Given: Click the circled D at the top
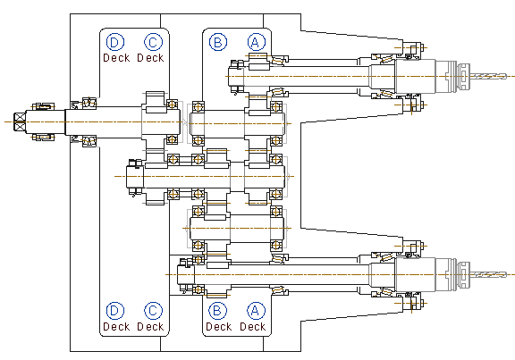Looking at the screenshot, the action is tap(115, 42).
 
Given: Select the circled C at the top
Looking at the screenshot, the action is tap(153, 42).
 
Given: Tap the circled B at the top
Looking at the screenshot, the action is tap(218, 42).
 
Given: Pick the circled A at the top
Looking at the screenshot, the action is tap(257, 42).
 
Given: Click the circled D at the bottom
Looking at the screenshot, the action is tap(115, 311).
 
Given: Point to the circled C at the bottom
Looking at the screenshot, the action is tap(153, 311).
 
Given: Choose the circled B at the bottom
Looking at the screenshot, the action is tap(217, 311).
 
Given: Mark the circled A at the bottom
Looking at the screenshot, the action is tap(256, 311).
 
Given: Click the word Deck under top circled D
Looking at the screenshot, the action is tap(116, 58).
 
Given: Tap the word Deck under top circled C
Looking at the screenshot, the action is tap(150, 58).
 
